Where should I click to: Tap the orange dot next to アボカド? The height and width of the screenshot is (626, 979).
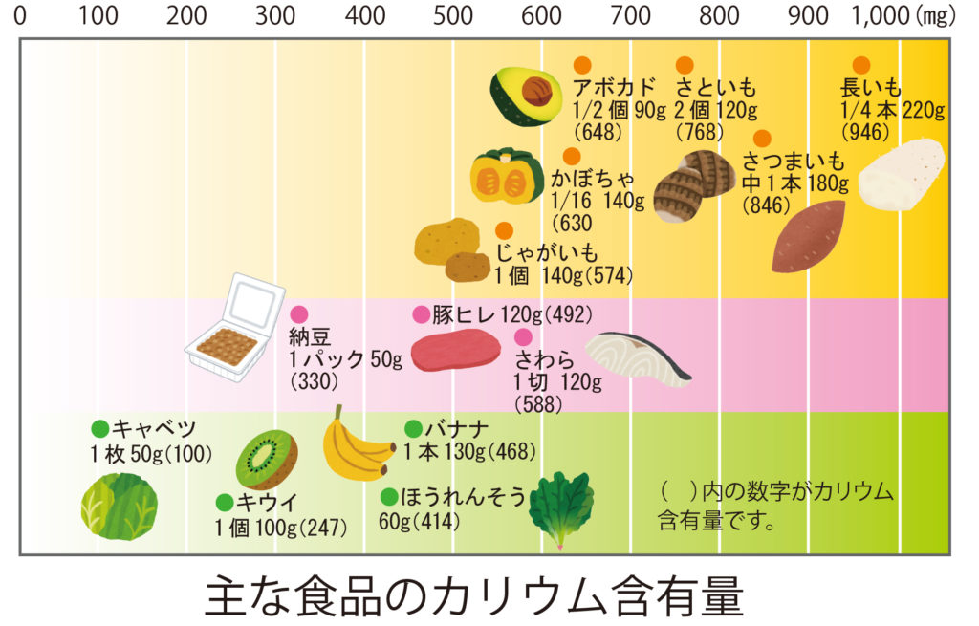point(581,65)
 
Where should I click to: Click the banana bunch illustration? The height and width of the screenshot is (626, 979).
point(355,446)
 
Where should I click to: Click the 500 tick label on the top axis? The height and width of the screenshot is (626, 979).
point(453,16)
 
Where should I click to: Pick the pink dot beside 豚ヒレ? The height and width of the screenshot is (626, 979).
point(421,314)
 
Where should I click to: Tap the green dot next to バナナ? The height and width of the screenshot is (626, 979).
point(413,428)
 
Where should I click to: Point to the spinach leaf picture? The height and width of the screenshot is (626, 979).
point(561,506)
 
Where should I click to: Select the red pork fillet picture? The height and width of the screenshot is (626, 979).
point(455,351)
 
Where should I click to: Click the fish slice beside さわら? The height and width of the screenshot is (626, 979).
point(637,357)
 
